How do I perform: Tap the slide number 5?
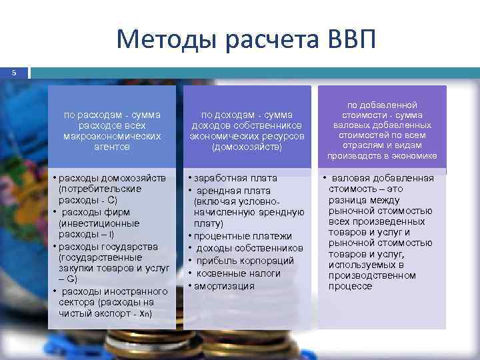(x=13, y=72)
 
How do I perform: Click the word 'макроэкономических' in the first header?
(x=112, y=135)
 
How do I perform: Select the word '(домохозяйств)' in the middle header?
(x=247, y=147)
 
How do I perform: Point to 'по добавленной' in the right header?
(x=382, y=105)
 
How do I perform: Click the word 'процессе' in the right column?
(x=350, y=286)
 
